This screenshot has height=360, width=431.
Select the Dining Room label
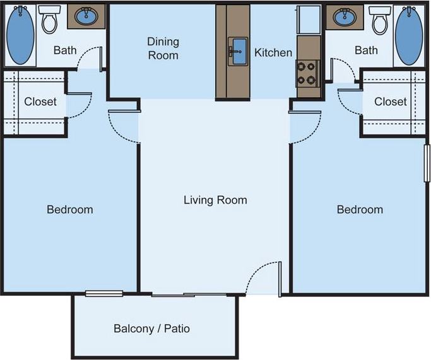pyautogui.click(x=163, y=49)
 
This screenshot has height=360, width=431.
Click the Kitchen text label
pyautogui.click(x=273, y=53)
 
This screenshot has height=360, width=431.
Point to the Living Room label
pyautogui.click(x=215, y=200)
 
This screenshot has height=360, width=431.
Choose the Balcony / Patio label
pyautogui.click(x=151, y=328)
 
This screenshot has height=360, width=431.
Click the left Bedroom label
pyautogui.click(x=70, y=209)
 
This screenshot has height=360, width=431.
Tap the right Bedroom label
pyautogui.click(x=360, y=209)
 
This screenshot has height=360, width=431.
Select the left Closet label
pyautogui.click(x=40, y=102)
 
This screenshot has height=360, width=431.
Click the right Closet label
pyautogui.click(x=390, y=102)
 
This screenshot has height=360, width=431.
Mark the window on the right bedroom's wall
pyautogui.click(x=427, y=164)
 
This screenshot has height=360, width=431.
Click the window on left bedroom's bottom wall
pyautogui.click(x=104, y=293)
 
